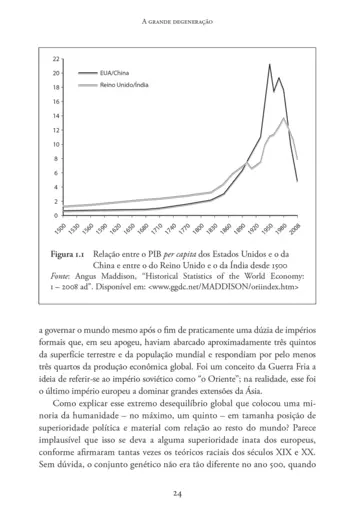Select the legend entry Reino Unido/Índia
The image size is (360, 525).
tap(124, 87)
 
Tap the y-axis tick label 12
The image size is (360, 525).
tap(55, 130)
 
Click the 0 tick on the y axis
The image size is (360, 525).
tap(57, 215)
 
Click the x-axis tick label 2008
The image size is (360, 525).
tap(295, 230)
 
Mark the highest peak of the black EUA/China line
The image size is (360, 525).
tap(270, 65)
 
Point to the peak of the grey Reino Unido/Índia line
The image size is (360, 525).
tap(285, 119)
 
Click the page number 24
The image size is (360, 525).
tap(179, 493)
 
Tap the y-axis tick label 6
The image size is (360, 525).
tap(57, 173)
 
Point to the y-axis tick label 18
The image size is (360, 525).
tap(55, 88)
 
